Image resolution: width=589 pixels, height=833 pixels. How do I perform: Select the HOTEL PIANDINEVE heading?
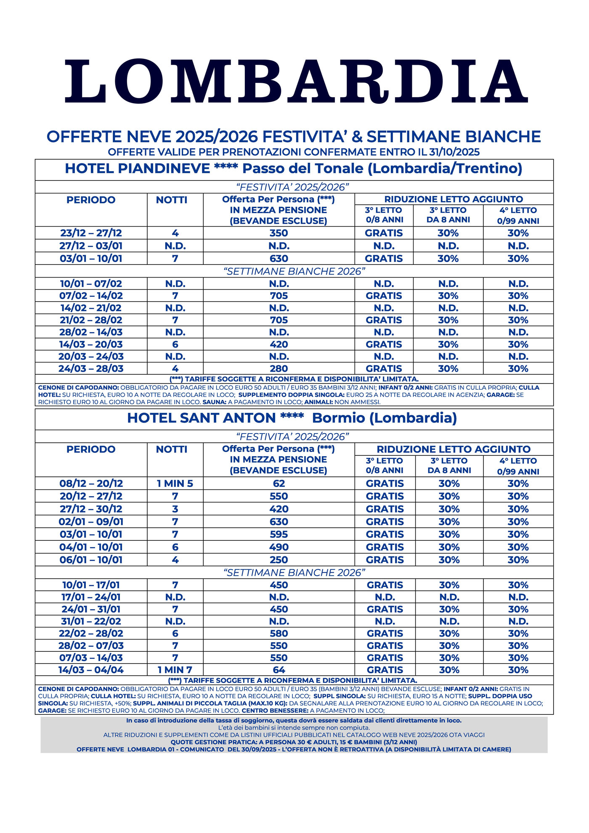pos(293,169)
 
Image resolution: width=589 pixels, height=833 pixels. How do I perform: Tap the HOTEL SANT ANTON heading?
pos(292,418)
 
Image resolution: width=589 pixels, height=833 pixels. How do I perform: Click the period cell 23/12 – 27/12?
pos(91,233)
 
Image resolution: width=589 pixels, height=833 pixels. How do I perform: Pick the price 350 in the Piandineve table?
pos(279,233)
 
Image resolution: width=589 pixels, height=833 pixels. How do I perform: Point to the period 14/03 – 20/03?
pos(91,344)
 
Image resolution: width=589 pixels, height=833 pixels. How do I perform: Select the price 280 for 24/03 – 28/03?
pos(279,369)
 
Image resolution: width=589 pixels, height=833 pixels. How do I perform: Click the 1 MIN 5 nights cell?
pos(175,484)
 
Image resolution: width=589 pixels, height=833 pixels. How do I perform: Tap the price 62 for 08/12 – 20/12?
pos(279,484)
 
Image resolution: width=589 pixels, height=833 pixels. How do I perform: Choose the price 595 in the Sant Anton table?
pos(279,534)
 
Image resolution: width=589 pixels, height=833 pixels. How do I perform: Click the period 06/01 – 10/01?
pos(91,560)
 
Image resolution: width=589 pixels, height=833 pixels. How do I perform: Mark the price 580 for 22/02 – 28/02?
pos(279,633)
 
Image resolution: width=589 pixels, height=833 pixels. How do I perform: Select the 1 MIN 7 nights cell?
pos(175,670)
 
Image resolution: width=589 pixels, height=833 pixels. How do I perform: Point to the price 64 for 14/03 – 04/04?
pos(279,670)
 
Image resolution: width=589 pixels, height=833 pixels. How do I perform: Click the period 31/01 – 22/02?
pos(91,621)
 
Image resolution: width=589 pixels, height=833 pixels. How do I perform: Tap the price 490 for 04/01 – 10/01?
pos(279,547)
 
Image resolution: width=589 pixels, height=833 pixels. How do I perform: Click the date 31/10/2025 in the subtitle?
pos(454,152)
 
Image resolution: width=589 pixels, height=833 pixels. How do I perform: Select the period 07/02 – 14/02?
pos(91,296)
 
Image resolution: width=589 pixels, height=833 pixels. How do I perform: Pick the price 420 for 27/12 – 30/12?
pos(279,509)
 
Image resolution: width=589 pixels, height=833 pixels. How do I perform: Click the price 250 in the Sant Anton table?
pos(279,560)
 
